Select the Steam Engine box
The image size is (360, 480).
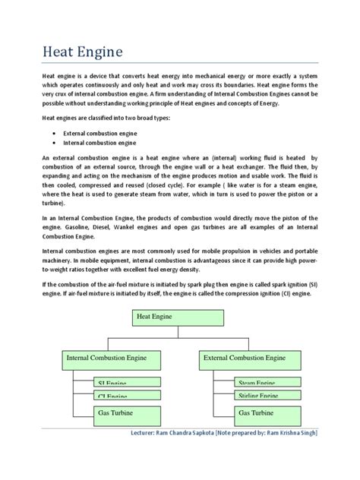tap(256, 384)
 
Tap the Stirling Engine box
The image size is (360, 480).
tap(256, 396)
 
